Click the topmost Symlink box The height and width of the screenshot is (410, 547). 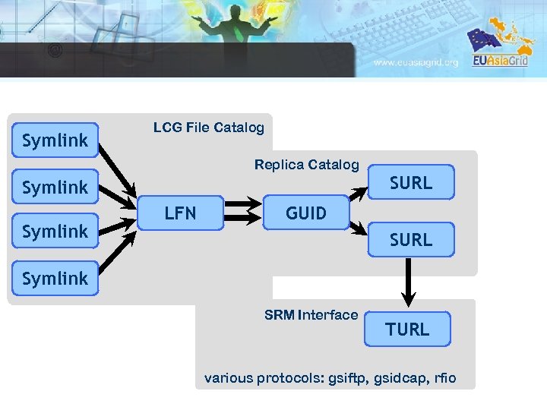pyautogui.click(x=55, y=140)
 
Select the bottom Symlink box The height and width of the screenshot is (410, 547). pyautogui.click(x=55, y=279)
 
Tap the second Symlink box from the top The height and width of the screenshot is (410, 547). pyautogui.click(x=55, y=187)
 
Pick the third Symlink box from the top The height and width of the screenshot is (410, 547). pyautogui.click(x=55, y=232)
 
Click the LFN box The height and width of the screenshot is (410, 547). pyautogui.click(x=180, y=213)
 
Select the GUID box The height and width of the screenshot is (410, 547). pyautogui.click(x=305, y=213)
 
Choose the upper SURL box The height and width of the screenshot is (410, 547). pyautogui.click(x=410, y=183)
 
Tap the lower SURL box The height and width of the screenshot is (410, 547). pyautogui.click(x=410, y=240)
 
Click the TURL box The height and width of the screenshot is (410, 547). pyautogui.click(x=407, y=330)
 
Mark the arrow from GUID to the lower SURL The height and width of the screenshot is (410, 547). pyautogui.click(x=359, y=227)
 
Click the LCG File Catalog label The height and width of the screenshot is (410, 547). pyautogui.click(x=208, y=128)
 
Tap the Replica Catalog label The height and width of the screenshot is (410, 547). pyautogui.click(x=306, y=165)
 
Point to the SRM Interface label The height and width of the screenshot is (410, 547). pyautogui.click(x=311, y=315)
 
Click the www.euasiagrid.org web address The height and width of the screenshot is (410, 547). pyautogui.click(x=416, y=63)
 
